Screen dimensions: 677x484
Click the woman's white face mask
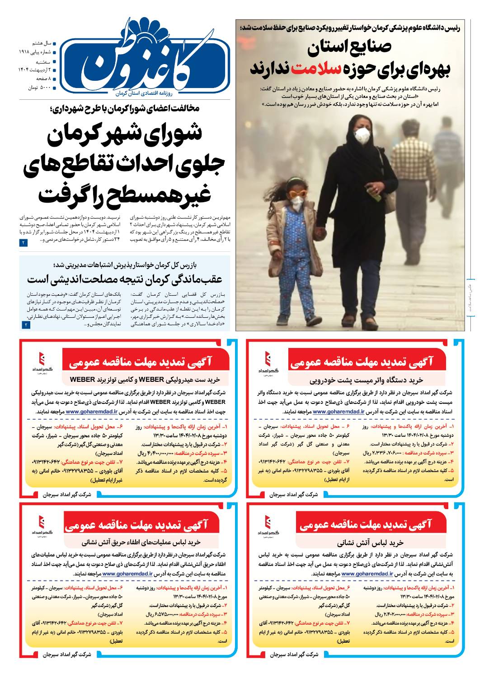click(x=362, y=134)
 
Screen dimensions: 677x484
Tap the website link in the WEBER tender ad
click(x=91, y=412)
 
